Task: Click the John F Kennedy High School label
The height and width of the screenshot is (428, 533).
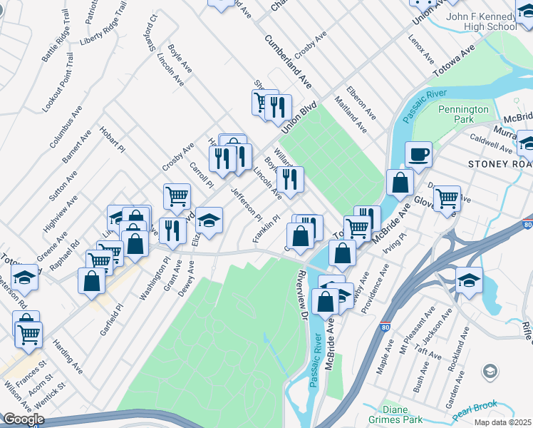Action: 481,21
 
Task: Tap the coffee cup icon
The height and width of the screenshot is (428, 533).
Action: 418,154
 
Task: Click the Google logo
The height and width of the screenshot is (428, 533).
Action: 23,419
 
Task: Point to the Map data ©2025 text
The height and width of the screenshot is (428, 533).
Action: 502,422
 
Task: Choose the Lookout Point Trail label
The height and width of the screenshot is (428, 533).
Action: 58,81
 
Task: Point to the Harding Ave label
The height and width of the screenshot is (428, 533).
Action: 63,354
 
